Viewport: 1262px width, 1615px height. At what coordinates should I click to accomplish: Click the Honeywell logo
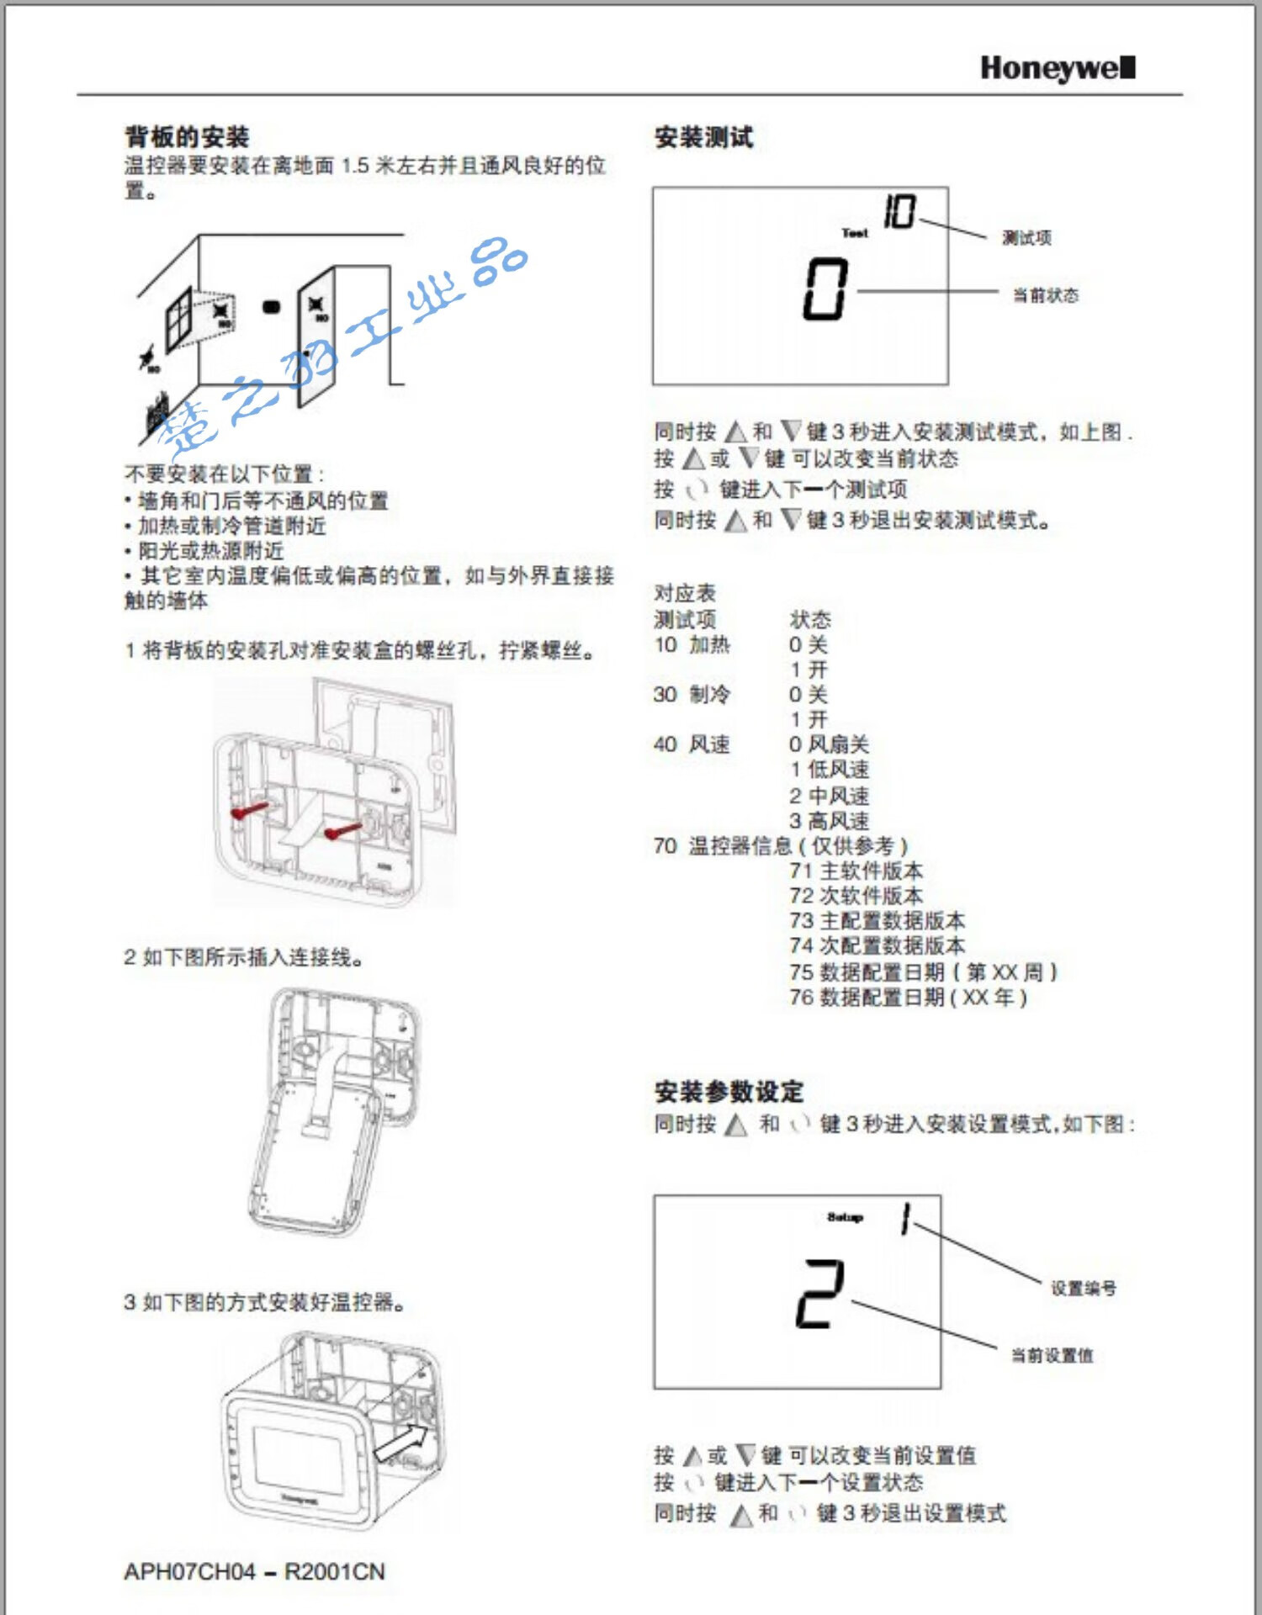pos(1058,68)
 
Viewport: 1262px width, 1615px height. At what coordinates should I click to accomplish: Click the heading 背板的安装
pos(187,137)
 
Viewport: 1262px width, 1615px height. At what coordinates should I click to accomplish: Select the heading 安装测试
pos(703,137)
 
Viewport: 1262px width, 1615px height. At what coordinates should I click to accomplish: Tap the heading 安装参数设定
pos(729,1092)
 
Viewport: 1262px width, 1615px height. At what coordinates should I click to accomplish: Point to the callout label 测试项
pos(1026,238)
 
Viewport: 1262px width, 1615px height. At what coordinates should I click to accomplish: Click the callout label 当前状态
pos(1045,295)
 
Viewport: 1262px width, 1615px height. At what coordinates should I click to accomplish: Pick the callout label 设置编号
pos(1083,1288)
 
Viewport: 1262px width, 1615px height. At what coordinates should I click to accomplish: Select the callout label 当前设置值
pos(1052,1355)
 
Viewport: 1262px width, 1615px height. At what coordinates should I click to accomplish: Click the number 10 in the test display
pos(899,211)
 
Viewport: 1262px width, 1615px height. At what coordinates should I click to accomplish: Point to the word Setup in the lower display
pos(845,1217)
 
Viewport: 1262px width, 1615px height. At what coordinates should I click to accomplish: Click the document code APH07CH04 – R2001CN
pos(254,1571)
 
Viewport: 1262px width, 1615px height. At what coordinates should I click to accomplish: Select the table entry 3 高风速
pos(829,820)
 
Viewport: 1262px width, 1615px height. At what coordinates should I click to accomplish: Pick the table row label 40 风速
pos(692,744)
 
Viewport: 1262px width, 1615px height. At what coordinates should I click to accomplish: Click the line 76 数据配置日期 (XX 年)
pos(908,998)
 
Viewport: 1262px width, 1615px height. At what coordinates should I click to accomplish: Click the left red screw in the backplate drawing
pos(250,811)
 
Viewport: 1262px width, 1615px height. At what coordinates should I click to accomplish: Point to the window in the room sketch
pos(179,318)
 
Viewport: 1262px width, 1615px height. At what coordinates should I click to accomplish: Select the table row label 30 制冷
pos(692,695)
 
